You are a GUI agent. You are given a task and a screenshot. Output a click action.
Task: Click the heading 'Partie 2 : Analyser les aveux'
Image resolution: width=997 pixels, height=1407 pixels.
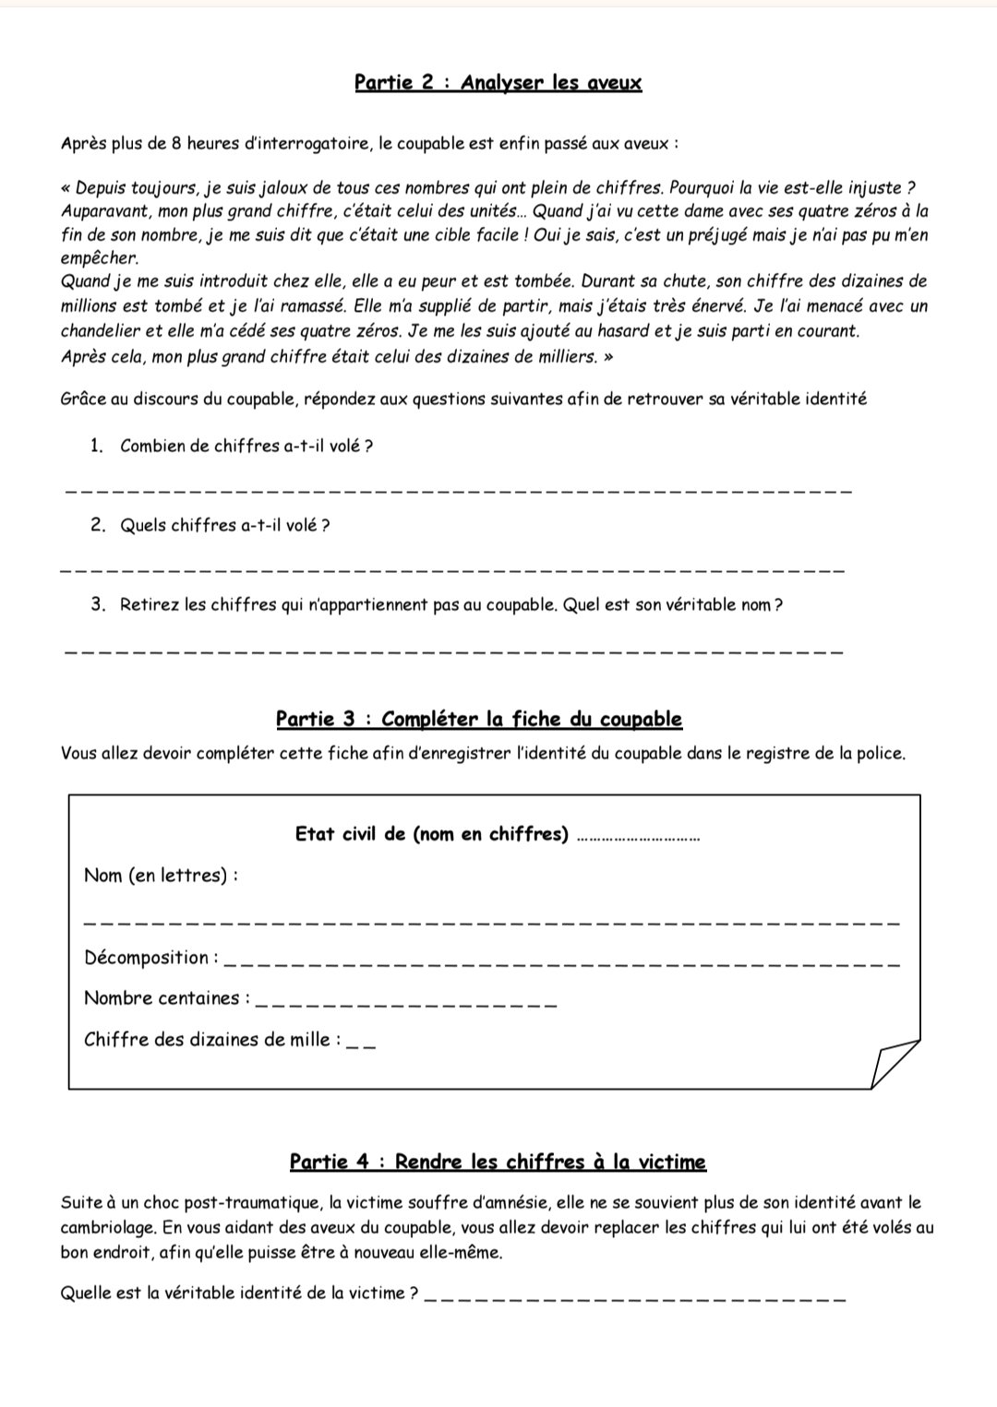pos(498,83)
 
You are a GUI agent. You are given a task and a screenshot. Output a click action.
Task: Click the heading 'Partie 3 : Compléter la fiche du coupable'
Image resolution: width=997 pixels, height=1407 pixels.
pos(478,720)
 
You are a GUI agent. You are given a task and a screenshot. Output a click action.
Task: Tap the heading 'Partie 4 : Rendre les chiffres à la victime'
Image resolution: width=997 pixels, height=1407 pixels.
pos(498,1163)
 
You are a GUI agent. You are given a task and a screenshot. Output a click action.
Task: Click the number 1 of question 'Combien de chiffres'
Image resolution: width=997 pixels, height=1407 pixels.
pos(95,447)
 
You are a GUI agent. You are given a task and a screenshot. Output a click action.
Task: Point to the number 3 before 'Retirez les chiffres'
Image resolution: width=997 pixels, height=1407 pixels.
pos(97,605)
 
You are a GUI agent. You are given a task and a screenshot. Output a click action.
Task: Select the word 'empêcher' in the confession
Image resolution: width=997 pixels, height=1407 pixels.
pos(99,259)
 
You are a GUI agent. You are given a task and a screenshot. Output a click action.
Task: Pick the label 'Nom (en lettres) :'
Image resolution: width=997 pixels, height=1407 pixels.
pos(161,876)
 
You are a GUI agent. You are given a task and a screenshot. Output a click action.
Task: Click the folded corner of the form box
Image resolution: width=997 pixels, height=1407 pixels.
pos(893,1064)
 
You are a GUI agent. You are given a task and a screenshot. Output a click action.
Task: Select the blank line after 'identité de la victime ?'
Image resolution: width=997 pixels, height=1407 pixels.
pos(637,1300)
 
